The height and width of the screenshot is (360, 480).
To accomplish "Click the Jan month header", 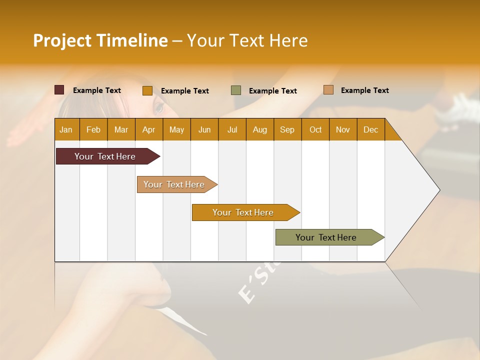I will pos(66,129).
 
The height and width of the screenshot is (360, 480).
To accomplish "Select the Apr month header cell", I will pos(149,129).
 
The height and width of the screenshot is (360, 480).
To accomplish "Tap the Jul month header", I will pos(232,129).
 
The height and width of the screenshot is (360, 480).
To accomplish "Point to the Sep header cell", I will pos(287,129).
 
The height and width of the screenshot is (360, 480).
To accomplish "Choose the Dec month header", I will pos(370,129).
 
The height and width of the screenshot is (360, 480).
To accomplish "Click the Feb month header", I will pos(93,129).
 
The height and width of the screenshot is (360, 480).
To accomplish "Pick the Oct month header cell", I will pos(315,129).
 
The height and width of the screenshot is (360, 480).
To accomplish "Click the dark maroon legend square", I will pos(59,90).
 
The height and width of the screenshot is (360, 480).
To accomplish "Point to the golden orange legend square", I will pos(147,90).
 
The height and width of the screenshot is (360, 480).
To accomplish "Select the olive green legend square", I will pos(236,90).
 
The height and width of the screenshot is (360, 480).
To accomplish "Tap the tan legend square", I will pos(328,90).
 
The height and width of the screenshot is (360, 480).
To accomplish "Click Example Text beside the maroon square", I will pos(97,90).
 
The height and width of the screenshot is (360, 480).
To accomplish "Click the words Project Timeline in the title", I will pos(100,40).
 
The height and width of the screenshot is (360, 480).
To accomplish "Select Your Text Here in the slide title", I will pos(247,40).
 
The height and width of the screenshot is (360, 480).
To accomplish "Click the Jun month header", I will pos(204,129).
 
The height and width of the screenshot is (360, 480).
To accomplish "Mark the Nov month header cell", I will pos(343,129).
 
